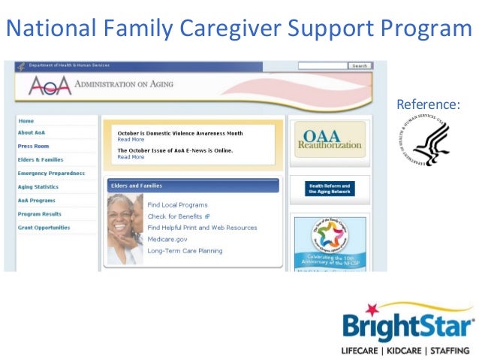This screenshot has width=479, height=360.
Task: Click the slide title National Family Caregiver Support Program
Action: coord(239,29)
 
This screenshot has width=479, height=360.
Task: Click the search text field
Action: coord(323,66)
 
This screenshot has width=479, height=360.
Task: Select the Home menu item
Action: coord(26,120)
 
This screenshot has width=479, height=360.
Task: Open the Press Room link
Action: coord(33,147)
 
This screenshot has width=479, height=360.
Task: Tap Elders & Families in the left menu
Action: coord(41,160)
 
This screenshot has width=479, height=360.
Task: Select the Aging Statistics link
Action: coord(38,187)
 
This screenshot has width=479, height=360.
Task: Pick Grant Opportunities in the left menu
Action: coord(44,228)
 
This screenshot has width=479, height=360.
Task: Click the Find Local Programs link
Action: coord(177,204)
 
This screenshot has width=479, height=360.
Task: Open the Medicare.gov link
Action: coord(167,239)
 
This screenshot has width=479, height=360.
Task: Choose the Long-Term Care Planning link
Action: coord(185,251)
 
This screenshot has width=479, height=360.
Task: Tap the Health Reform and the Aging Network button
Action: coord(330,189)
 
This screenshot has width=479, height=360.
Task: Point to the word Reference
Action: coord(428,104)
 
